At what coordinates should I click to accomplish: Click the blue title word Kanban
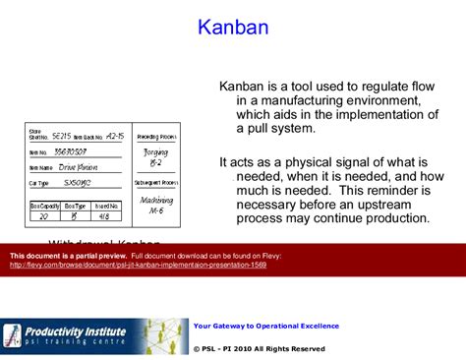pyautogui.click(x=233, y=28)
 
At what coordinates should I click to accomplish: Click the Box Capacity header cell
pyautogui.click(x=45, y=205)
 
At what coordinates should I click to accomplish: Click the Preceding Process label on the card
pyautogui.click(x=154, y=136)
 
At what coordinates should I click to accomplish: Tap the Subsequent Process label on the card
pyautogui.click(x=154, y=183)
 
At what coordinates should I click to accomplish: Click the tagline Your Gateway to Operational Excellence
pyautogui.click(x=266, y=326)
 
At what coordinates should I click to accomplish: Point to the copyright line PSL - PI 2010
pyautogui.click(x=260, y=348)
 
